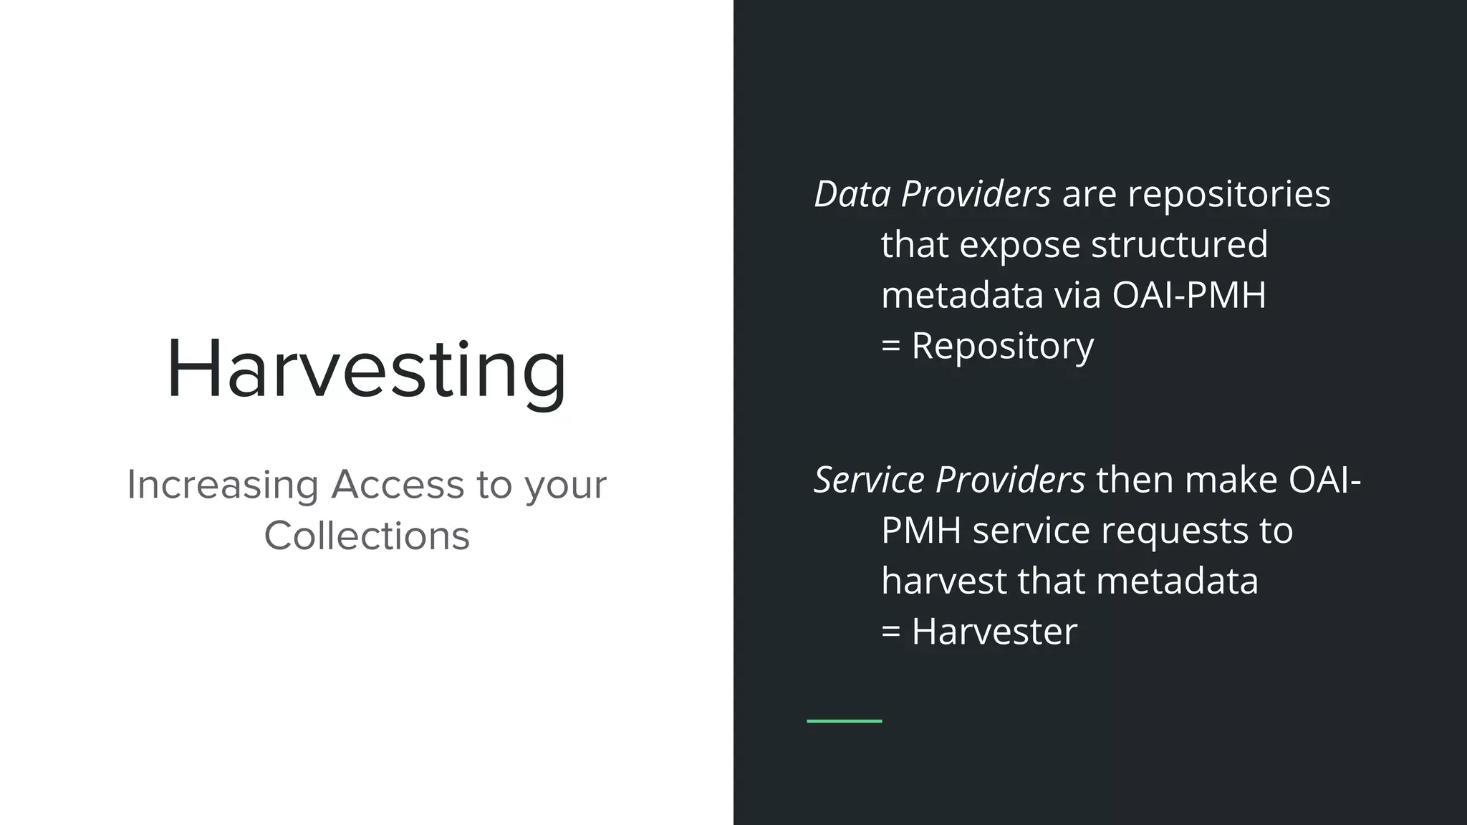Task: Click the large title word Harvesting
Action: pos(367,370)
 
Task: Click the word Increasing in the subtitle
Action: pos(223,485)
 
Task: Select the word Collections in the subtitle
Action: pos(367,536)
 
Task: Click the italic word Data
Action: pos(852,194)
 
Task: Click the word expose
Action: pos(1019,245)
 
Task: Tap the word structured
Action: pos(1179,245)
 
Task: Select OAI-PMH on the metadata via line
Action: pos(1189,295)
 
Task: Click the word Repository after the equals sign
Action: pos(1002,346)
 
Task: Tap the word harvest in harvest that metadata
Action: pos(943,581)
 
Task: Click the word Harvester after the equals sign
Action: pos(994,632)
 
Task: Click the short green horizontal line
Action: pos(844,720)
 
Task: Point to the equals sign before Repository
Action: pos(890,347)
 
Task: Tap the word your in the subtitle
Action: pos(566,485)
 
